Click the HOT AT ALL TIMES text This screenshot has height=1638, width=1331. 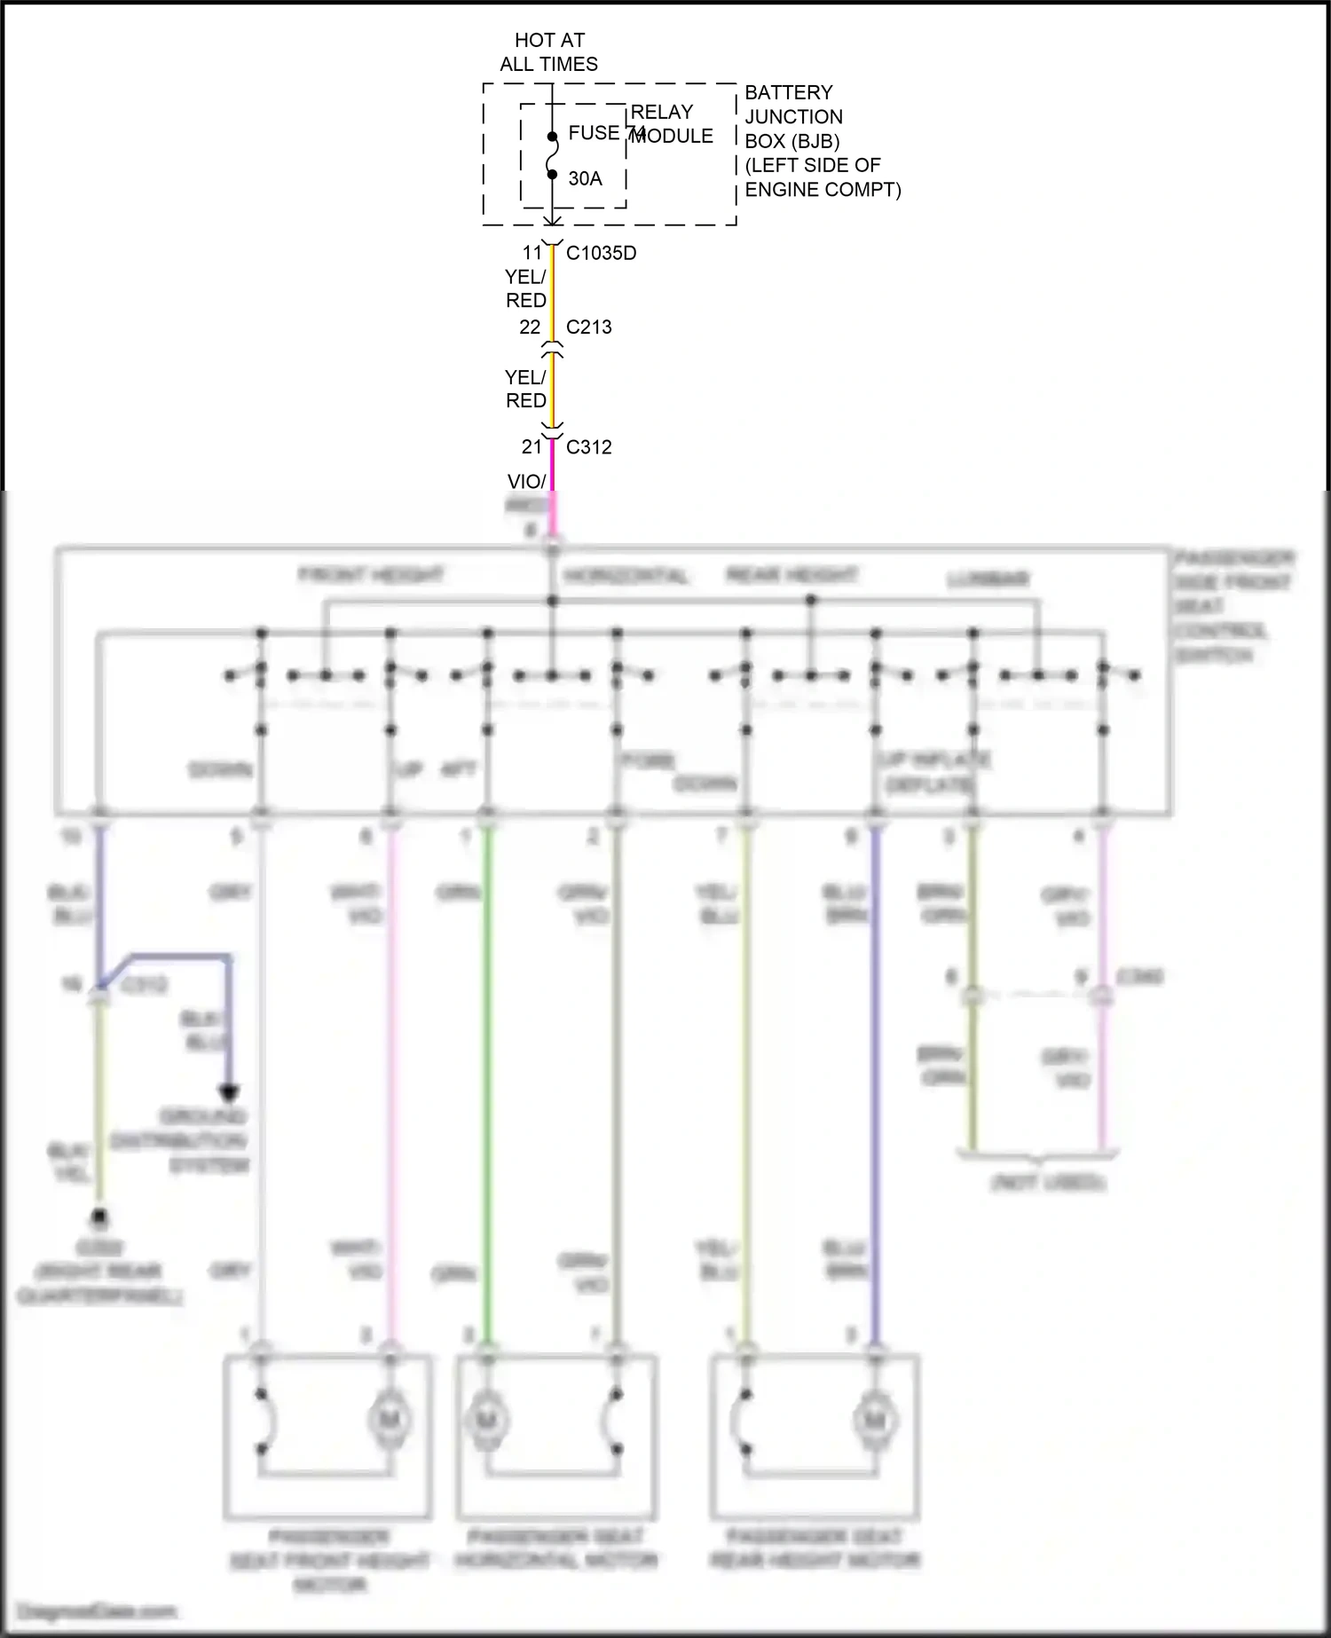coord(548,51)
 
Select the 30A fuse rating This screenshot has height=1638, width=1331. coord(585,178)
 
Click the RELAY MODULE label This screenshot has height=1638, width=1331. coord(672,124)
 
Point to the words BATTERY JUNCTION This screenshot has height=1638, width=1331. coord(792,105)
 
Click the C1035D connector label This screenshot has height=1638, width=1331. coord(601,253)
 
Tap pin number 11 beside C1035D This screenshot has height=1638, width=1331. coord(532,253)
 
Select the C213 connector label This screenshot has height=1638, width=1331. coord(588,327)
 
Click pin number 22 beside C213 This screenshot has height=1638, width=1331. coord(530,327)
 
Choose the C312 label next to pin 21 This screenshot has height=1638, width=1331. coord(588,447)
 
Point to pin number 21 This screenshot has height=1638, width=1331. coord(532,447)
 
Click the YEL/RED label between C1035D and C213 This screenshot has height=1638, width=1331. coord(525,288)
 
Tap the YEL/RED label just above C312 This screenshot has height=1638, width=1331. coord(525,389)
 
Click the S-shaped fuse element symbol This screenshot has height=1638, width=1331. coord(552,156)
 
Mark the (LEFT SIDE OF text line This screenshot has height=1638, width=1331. coord(812,165)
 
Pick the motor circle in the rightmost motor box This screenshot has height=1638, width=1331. coord(874,1421)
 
